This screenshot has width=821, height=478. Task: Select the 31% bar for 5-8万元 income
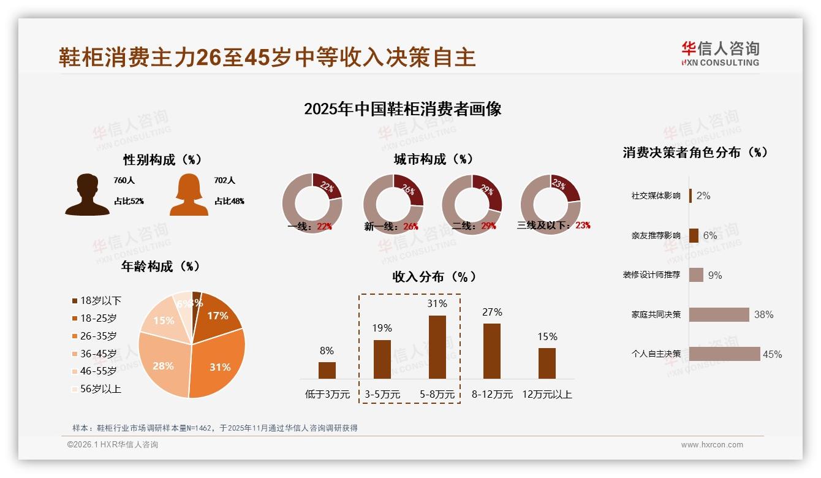(437, 347)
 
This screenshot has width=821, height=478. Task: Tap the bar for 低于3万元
(327, 370)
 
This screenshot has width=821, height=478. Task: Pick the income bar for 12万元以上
(547, 363)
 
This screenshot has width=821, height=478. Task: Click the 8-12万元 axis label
(492, 395)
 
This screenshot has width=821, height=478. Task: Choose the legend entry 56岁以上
(100, 389)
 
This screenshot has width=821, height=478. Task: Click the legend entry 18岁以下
(100, 300)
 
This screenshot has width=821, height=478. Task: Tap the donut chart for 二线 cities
(472, 204)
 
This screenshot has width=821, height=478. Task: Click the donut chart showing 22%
(312, 204)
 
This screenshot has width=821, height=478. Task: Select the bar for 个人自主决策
(725, 354)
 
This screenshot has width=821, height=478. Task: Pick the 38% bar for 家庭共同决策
(719, 314)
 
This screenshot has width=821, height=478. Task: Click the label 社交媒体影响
(656, 196)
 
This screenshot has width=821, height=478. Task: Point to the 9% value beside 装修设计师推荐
(715, 275)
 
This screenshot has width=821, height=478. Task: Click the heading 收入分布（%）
(434, 276)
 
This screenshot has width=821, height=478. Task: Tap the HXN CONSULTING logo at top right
(720, 54)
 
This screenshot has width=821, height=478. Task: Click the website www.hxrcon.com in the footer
(712, 445)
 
